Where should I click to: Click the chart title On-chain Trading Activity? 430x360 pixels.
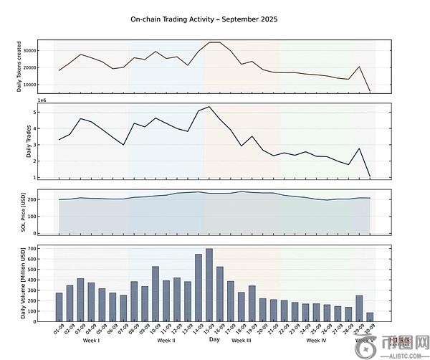pos(204,19)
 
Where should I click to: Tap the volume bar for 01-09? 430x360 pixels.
pos(59,306)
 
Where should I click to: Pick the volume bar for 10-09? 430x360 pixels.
pos(156,293)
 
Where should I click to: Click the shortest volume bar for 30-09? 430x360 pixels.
pos(370,316)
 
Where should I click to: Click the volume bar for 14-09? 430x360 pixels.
pos(199,287)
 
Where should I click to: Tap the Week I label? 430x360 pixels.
pos(91,341)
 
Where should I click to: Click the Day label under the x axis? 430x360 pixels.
pos(214,340)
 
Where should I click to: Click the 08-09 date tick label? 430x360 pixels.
pos(133,331)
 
